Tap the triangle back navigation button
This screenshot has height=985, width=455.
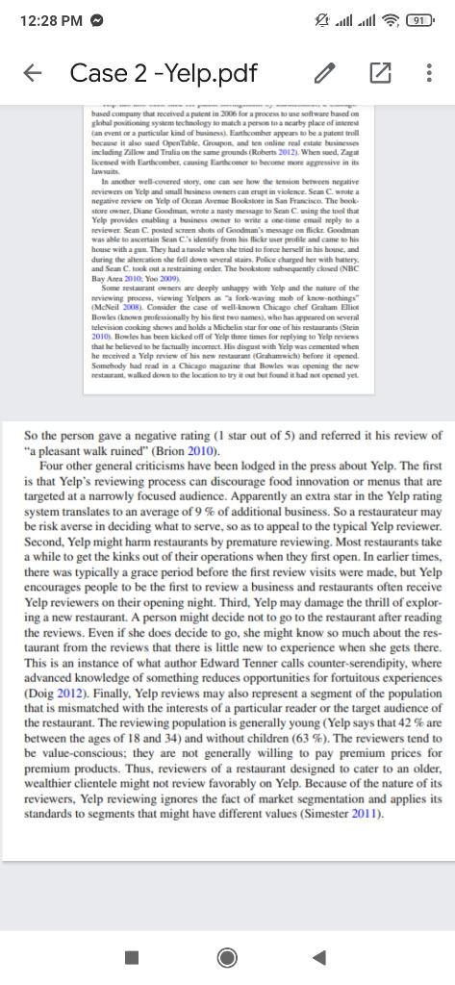pos(319,956)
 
